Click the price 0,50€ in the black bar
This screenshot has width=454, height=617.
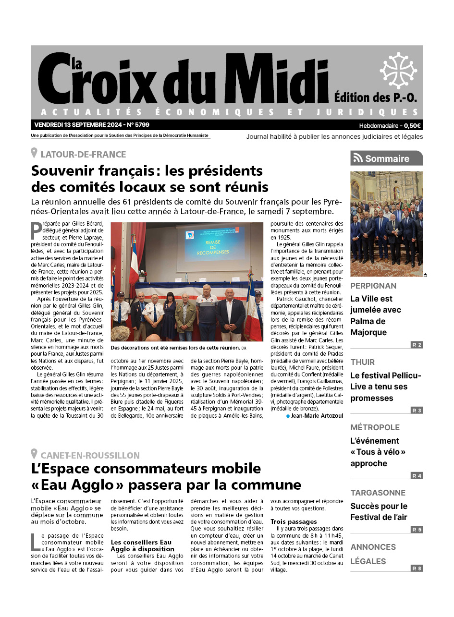(x=412, y=126)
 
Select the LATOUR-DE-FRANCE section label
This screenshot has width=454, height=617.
(x=83, y=154)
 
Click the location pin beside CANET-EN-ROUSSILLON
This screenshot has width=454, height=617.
(x=34, y=454)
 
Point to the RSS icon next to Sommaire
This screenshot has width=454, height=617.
(x=357, y=158)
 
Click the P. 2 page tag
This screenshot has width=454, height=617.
(x=417, y=345)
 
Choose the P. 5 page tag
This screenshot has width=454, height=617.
(x=417, y=530)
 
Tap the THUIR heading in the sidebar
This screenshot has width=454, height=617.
(x=362, y=362)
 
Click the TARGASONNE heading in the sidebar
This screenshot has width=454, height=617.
(x=378, y=493)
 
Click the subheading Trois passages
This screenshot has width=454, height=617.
(x=294, y=521)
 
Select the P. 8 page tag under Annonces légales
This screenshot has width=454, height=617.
(x=417, y=569)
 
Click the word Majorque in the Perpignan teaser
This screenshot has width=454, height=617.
(x=368, y=333)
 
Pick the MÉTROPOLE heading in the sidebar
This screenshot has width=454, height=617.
(x=375, y=427)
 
